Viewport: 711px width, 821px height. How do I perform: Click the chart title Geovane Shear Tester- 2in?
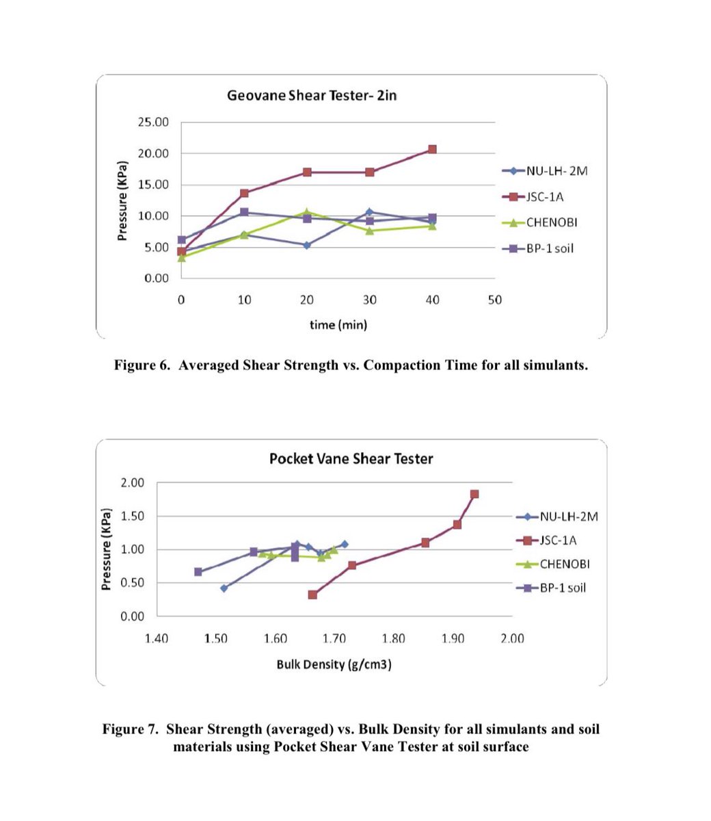(312, 95)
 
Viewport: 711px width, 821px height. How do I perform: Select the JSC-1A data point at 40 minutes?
(432, 149)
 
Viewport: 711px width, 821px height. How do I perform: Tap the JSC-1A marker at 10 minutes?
(244, 193)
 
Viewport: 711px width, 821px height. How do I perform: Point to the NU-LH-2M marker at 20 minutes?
(307, 245)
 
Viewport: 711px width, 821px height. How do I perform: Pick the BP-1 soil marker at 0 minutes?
(181, 239)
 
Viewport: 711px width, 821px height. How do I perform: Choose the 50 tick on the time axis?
(495, 300)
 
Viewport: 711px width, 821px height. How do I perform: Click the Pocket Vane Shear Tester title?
(351, 458)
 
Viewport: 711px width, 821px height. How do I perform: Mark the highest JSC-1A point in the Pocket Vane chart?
(474, 494)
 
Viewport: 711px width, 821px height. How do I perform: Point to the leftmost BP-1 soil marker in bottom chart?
(198, 572)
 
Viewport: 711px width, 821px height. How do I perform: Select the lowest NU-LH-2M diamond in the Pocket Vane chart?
(224, 588)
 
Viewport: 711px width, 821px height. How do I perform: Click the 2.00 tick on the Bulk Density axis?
(512, 638)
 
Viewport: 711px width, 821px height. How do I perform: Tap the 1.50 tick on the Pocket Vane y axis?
(133, 516)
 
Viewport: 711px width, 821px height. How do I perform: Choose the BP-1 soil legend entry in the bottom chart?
(563, 588)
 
